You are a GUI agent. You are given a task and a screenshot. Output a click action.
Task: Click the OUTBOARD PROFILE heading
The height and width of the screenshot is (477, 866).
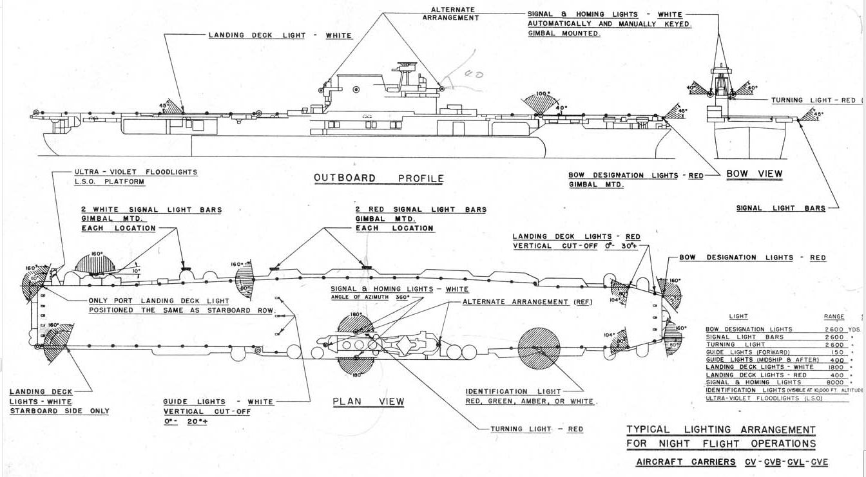378,178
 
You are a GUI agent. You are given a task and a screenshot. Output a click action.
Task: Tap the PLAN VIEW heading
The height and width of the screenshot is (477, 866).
369,402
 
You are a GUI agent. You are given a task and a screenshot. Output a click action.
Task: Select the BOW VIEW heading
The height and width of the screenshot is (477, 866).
754,174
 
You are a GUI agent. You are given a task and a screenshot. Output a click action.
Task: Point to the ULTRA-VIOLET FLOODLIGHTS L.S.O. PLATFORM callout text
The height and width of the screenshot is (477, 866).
135,177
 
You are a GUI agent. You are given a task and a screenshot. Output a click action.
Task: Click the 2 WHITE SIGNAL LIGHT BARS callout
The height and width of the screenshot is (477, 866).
151,219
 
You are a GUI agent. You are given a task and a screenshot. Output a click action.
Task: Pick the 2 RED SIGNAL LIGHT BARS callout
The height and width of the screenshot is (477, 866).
420,219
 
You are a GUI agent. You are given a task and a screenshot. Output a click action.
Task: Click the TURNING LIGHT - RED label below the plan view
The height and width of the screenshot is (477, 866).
536,429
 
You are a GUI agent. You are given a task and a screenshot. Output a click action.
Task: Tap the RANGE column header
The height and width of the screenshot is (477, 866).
834,317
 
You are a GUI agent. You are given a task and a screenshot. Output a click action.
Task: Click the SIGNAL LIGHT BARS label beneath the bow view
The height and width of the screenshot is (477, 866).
780,209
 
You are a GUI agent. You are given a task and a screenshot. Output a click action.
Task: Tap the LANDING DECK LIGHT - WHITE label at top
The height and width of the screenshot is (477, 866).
280,35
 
